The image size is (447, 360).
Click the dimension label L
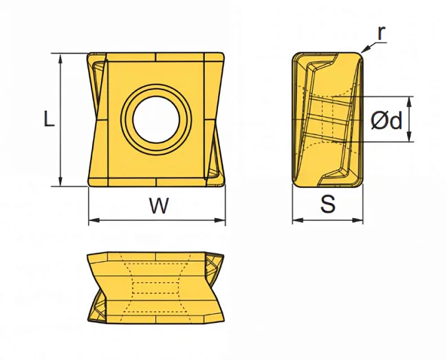click(49, 118)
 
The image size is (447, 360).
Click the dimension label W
click(159, 206)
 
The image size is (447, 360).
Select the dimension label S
click(328, 204)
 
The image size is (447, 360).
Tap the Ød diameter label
click(386, 120)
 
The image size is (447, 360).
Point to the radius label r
click(381, 33)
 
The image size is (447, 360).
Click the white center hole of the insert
click(156, 120)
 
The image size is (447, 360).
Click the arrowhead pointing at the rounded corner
click(364, 50)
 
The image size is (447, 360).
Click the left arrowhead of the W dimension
click(94, 220)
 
